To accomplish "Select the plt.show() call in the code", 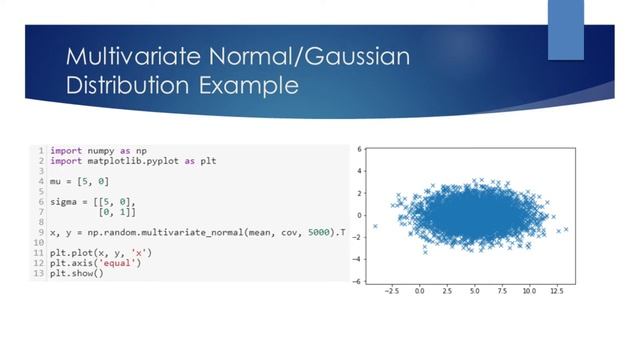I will click(x=76, y=273).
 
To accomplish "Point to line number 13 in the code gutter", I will click(x=40, y=273).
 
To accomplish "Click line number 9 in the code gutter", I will click(x=42, y=233).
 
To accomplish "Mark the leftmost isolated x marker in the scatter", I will click(x=376, y=226).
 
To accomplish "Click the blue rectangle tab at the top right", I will click(x=565, y=30).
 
